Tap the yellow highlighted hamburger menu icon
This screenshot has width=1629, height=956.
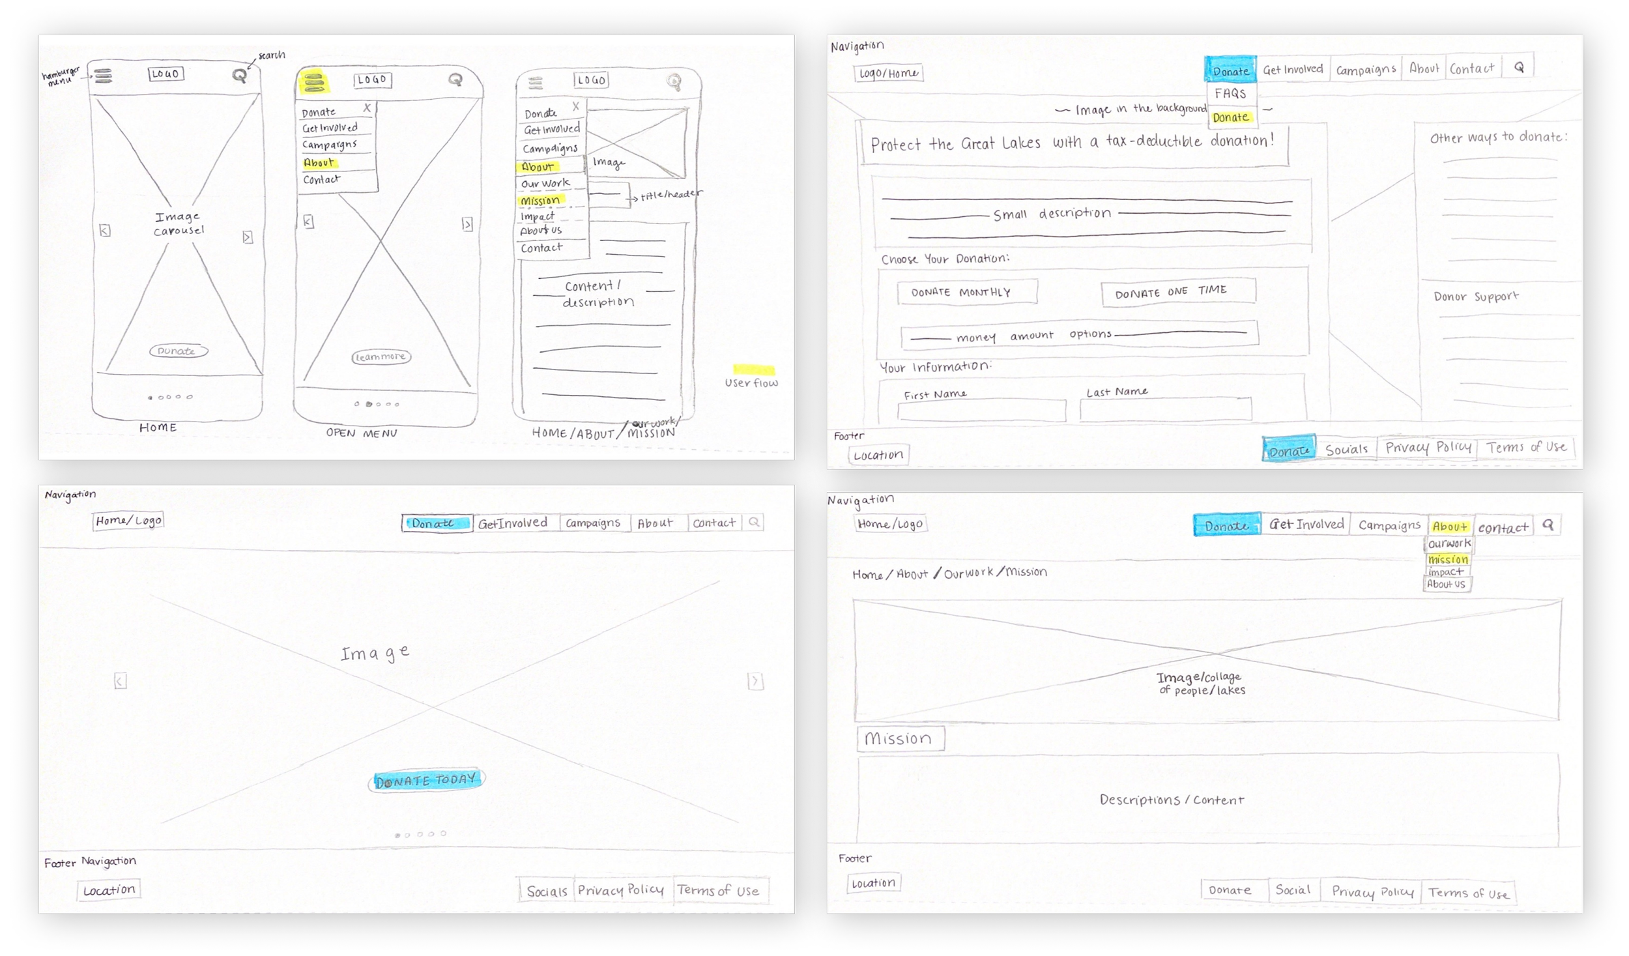[313, 82]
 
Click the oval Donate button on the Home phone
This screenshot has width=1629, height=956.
[179, 351]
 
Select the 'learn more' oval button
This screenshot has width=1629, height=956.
[381, 357]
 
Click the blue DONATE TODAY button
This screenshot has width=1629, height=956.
[426, 780]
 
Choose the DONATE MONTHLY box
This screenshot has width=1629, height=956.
[967, 293]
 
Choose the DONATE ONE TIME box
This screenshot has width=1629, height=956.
[1178, 293]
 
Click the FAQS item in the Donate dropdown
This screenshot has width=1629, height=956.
[1230, 93]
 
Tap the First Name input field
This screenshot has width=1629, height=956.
[981, 411]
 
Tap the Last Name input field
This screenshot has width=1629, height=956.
[1165, 409]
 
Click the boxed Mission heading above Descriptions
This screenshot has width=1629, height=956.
[900, 738]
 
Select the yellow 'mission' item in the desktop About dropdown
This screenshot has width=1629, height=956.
[1448, 559]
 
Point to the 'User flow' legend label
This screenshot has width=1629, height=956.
[751, 383]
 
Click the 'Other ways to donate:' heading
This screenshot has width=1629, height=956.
[1498, 138]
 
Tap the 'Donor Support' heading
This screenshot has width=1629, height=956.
[1476, 297]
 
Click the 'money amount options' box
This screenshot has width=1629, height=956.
[1079, 335]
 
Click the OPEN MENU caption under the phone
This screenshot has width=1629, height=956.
[362, 433]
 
